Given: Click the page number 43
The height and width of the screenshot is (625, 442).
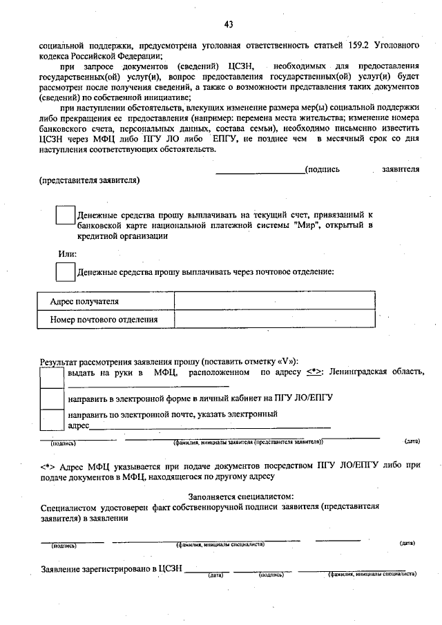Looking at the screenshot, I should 229,26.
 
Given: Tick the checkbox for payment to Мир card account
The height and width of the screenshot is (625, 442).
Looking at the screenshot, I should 65,215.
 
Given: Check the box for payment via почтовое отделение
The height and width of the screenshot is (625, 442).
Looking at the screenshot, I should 65,272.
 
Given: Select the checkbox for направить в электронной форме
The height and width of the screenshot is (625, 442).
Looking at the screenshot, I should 52,399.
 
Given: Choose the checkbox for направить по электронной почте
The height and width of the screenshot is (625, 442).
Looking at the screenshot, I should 52,420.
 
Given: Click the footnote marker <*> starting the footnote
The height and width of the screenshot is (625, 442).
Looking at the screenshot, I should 48,465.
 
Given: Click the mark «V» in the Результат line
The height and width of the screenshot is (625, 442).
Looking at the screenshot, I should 287,361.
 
